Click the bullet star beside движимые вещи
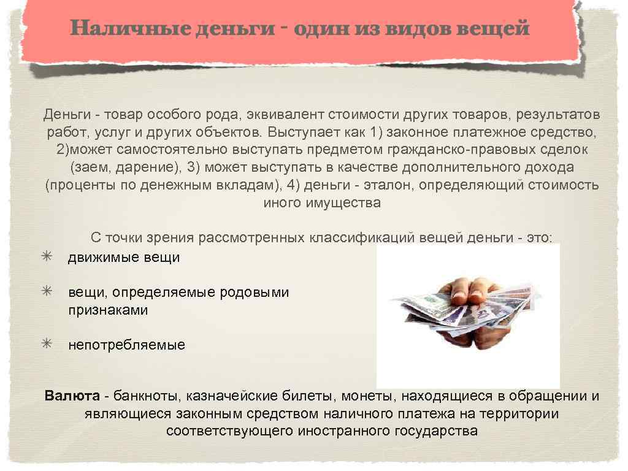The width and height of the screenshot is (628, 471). coord(47,256)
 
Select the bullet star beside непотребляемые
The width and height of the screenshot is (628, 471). coord(47,344)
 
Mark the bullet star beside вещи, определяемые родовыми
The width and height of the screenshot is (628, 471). coord(47,291)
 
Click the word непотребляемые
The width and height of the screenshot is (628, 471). coord(126,345)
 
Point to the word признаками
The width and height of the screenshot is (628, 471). coord(108,310)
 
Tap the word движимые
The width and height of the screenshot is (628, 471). coord(95,258)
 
